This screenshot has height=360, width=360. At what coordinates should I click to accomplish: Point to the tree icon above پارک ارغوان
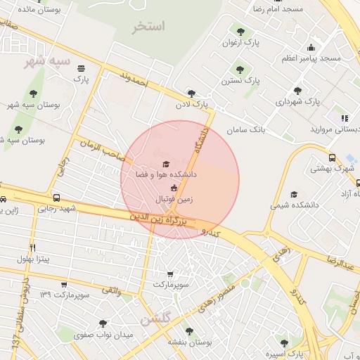(x=241, y=32)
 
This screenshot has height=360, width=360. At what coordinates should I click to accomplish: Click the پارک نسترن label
(x=241, y=81)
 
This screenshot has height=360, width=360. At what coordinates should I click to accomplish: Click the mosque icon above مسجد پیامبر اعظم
(x=311, y=47)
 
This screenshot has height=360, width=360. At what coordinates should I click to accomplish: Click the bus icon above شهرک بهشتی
(x=332, y=158)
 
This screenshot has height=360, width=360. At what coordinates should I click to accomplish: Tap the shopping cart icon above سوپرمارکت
(x=170, y=274)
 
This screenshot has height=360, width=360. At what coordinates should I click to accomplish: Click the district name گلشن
(x=155, y=320)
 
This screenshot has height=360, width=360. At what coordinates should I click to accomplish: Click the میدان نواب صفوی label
(x=103, y=335)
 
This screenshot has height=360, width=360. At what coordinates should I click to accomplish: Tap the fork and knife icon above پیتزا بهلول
(x=32, y=249)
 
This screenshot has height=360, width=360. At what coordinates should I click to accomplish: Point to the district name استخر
(x=148, y=27)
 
